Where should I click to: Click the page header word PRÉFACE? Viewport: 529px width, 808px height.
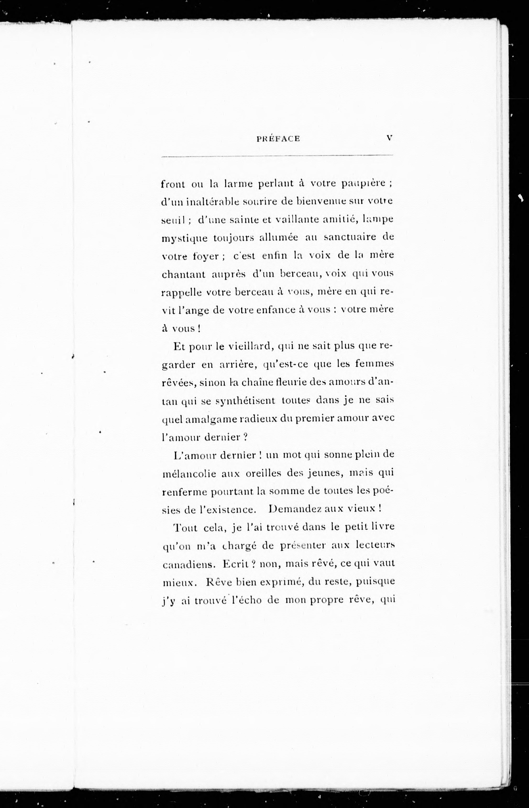coord(278,139)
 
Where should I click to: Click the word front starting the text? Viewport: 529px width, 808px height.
coord(173,184)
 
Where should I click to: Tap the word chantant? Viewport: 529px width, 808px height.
coord(184,274)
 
